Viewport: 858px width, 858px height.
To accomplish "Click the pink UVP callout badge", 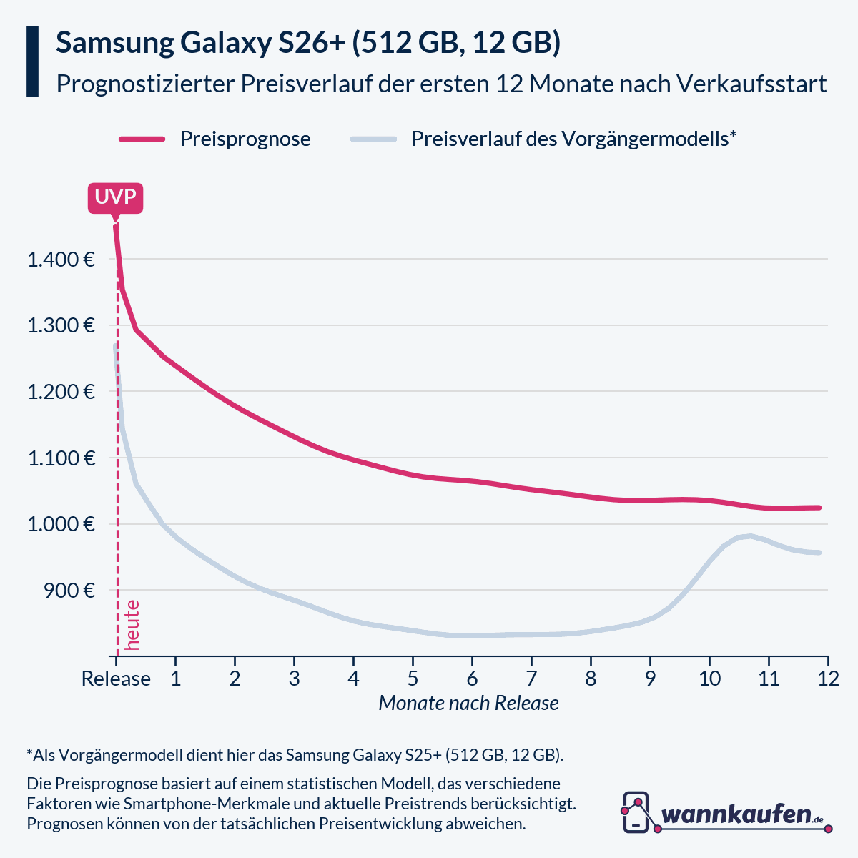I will pyautogui.click(x=115, y=197).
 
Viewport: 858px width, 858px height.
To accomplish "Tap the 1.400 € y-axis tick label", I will pyautogui.click(x=61, y=260).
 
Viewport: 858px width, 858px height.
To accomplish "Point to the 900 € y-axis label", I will pyautogui.click(x=69, y=591).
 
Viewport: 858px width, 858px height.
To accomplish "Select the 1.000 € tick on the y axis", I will pyautogui.click(x=61, y=524).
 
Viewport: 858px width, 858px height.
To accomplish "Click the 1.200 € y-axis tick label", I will pyautogui.click(x=61, y=392).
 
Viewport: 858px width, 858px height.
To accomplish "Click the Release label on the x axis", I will pyautogui.click(x=116, y=679).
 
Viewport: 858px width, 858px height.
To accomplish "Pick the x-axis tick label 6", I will pyautogui.click(x=472, y=679).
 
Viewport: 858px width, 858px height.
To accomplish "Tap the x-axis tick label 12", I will pyautogui.click(x=827, y=679).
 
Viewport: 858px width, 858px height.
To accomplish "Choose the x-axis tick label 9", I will pyautogui.click(x=650, y=679).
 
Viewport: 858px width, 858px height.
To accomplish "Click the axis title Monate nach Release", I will pyautogui.click(x=468, y=704).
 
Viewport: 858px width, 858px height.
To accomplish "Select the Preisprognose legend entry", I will pyautogui.click(x=245, y=139).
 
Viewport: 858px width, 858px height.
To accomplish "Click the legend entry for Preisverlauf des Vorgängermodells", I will pyautogui.click(x=573, y=139).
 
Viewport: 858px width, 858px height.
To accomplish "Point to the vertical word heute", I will pyautogui.click(x=132, y=625).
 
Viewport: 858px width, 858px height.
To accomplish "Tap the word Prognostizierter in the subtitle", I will pyautogui.click(x=145, y=84).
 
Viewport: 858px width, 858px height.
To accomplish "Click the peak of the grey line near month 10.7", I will pyautogui.click(x=749, y=536).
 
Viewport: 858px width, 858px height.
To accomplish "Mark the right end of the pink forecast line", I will pyautogui.click(x=819, y=508).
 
